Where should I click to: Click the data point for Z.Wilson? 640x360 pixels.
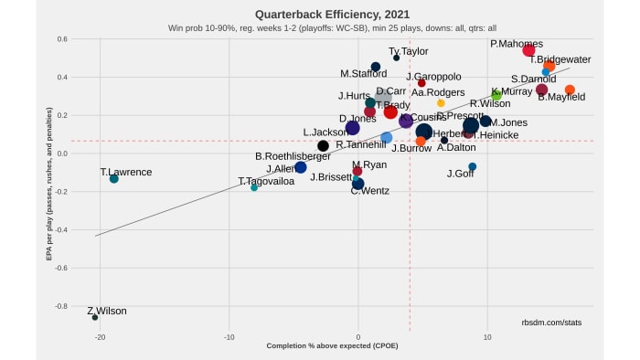95,317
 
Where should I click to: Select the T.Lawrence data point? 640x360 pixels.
114,179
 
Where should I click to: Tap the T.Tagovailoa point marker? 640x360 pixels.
254,187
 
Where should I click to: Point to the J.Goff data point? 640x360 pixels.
472,167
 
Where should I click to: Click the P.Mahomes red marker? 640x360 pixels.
528,50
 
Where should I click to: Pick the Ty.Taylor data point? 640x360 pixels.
396,58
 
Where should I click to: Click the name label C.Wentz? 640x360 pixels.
369,190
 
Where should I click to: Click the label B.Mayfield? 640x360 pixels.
561,97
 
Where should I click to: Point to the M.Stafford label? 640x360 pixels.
363,74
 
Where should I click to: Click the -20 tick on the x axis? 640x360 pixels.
101,337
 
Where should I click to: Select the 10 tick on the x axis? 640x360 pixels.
487,337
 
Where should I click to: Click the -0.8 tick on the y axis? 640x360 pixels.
36,306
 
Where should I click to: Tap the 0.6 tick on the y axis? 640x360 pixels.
37,39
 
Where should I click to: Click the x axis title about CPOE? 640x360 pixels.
332,346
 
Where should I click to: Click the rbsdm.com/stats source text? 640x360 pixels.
551,322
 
